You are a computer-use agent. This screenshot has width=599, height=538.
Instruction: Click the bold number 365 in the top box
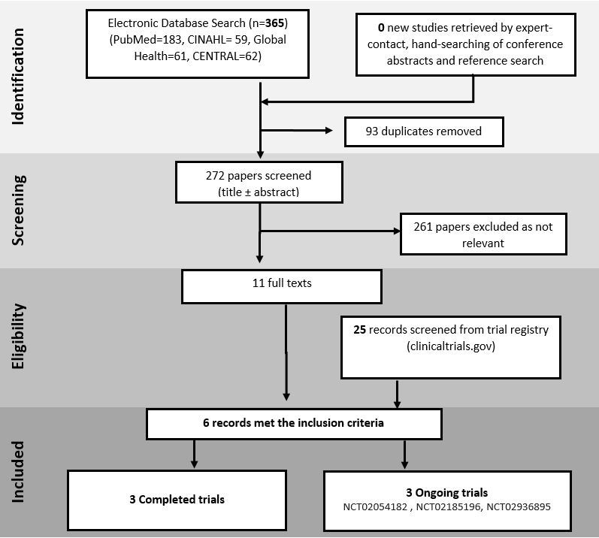(x=274, y=23)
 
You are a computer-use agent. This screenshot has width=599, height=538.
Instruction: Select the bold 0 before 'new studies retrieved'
(x=381, y=28)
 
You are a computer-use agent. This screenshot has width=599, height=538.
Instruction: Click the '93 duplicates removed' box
(x=424, y=131)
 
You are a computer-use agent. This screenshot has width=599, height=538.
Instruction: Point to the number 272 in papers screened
(x=215, y=176)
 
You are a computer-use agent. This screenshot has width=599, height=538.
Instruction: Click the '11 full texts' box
(x=282, y=287)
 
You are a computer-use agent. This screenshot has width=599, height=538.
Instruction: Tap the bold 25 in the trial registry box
(x=359, y=330)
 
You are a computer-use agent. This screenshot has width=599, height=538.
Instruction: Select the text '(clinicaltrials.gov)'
(x=451, y=346)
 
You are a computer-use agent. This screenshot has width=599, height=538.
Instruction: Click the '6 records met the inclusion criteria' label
(x=293, y=423)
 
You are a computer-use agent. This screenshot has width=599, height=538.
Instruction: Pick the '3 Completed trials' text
(x=177, y=500)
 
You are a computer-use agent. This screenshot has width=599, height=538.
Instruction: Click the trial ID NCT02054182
(x=375, y=507)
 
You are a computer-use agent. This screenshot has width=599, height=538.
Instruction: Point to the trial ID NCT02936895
(x=519, y=507)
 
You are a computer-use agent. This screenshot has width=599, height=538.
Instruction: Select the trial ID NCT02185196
(x=448, y=507)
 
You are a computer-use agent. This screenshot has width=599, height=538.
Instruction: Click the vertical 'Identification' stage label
(x=17, y=77)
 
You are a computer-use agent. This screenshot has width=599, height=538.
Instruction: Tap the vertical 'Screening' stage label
(x=17, y=210)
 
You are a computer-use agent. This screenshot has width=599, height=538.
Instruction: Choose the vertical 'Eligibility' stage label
(x=17, y=337)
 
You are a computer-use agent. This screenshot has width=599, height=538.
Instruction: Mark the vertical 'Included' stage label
(x=17, y=472)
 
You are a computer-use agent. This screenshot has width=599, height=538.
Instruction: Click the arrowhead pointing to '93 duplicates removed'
(x=328, y=131)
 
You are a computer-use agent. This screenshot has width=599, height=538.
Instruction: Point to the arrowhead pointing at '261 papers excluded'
(x=397, y=231)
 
